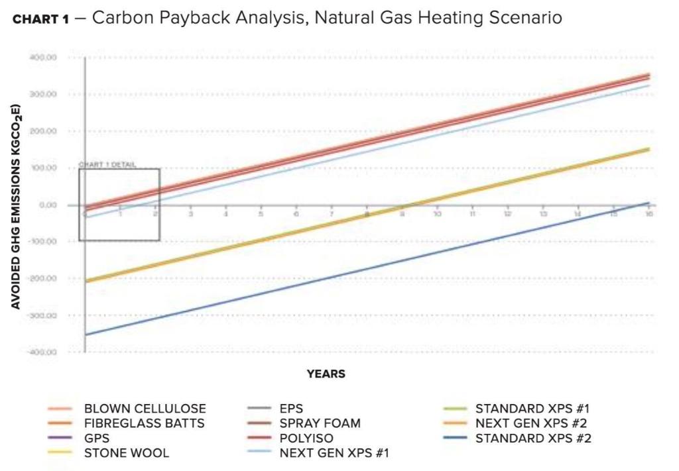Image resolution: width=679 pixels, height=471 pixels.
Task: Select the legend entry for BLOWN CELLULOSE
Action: pyautogui.click(x=145, y=409)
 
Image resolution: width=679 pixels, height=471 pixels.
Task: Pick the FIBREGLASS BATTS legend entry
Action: pyautogui.click(x=144, y=423)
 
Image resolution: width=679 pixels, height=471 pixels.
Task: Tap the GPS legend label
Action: pyautogui.click(x=97, y=439)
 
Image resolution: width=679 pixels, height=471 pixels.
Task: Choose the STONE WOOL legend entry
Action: pyautogui.click(x=126, y=453)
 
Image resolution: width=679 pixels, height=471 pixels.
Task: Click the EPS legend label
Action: pyautogui.click(x=291, y=409)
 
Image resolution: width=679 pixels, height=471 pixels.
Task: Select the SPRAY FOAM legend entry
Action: pyautogui.click(x=320, y=423)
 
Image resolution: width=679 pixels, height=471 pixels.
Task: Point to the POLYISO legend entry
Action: pyautogui.click(x=306, y=439)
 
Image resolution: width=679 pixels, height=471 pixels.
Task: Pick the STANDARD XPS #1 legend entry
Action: pyautogui.click(x=532, y=409)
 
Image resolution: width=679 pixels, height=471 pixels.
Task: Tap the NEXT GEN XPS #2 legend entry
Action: pyautogui.click(x=530, y=423)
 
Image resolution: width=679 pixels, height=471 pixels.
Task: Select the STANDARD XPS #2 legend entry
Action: pyautogui.click(x=533, y=439)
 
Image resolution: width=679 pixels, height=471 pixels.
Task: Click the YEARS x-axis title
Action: pyautogui.click(x=326, y=374)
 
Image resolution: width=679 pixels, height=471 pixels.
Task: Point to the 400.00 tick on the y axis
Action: pyautogui.click(x=43, y=58)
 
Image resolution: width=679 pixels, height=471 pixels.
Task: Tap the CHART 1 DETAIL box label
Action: pyautogui.click(x=107, y=165)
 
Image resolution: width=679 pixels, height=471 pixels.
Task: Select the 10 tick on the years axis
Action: pyautogui.click(x=437, y=213)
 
